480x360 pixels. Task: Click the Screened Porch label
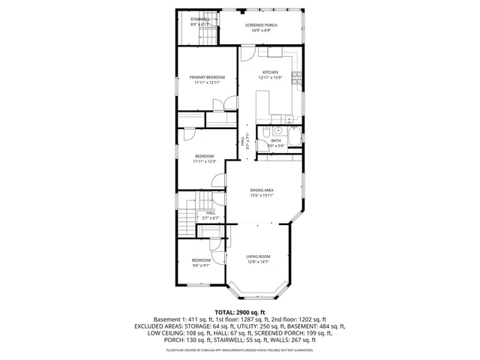point(261,25)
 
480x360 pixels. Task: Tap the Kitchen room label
point(270,72)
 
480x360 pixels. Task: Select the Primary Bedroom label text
point(206,77)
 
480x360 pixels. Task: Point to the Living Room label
point(259,256)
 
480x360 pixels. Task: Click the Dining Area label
point(262,190)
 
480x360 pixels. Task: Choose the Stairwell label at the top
point(199,18)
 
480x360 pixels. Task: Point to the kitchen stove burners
point(296,74)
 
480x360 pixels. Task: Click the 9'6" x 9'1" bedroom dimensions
point(201,265)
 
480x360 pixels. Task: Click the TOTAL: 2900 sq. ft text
point(240,311)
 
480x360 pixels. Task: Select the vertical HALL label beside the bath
point(242,140)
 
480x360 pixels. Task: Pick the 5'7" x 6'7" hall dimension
point(211,218)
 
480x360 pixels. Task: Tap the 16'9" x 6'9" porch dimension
point(261,31)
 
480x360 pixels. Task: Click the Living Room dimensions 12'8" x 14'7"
point(259,262)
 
